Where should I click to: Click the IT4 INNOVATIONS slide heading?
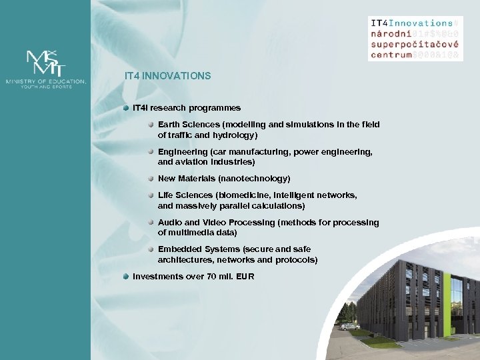167,76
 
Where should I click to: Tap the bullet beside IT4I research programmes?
126,107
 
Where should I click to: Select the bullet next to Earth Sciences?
151,124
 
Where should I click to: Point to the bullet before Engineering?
151,151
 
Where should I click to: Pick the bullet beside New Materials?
151,178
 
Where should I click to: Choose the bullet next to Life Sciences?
151,195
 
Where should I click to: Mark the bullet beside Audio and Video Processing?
151,222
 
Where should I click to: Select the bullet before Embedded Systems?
151,249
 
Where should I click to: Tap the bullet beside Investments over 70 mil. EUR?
126,276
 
